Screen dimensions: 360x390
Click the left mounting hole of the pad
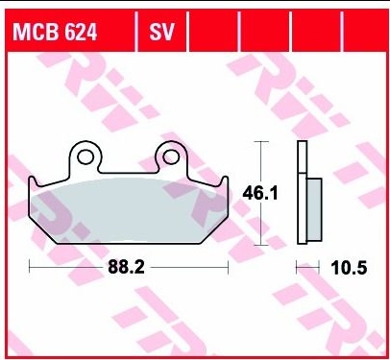click(x=85, y=155)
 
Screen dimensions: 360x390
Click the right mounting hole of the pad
click(x=173, y=155)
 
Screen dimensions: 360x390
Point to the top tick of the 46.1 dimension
click(x=259, y=140)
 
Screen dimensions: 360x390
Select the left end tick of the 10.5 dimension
click(x=297, y=270)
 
